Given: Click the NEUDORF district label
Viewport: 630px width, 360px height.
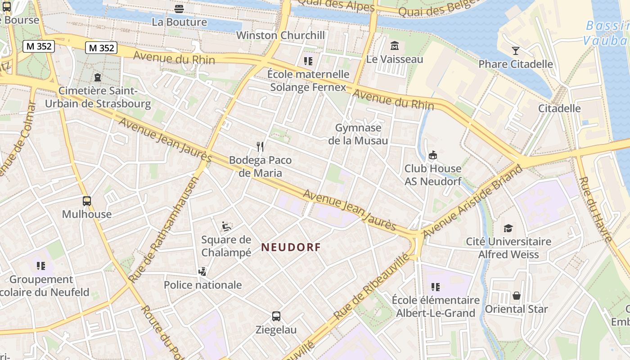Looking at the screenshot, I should [x=291, y=247].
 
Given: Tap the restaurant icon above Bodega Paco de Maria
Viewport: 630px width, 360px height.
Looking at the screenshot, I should [x=260, y=146].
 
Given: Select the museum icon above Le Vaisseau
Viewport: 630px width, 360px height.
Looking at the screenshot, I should [x=395, y=46].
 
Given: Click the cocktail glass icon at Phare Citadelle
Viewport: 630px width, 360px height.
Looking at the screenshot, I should [x=516, y=50].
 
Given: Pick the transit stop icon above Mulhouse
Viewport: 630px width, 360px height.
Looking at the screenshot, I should [x=87, y=201].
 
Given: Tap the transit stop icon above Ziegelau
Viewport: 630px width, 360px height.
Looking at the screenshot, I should [x=276, y=316].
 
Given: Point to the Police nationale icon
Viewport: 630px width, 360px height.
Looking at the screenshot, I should [x=202, y=271].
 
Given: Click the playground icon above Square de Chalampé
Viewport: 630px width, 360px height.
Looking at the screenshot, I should [x=226, y=226].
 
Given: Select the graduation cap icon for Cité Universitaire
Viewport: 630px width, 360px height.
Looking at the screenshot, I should [x=508, y=228].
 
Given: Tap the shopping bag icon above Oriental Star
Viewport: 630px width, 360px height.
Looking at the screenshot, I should [x=516, y=296].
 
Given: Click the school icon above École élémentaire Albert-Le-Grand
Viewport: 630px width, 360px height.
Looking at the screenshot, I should [x=435, y=287].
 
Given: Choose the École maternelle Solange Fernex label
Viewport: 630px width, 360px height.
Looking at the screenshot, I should [x=308, y=81].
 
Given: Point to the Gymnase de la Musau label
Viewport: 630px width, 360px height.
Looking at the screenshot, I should [x=358, y=134].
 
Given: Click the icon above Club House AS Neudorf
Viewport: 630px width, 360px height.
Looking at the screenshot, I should [x=433, y=155].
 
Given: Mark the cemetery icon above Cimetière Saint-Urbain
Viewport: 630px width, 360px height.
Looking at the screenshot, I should [x=98, y=77].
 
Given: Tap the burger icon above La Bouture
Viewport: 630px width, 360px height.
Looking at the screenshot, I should [x=179, y=9].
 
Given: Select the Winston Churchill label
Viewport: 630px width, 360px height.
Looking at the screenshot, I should [x=280, y=35].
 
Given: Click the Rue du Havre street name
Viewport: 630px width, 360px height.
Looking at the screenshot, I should [x=596, y=209].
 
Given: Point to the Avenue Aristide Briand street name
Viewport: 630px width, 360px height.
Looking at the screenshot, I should [x=473, y=201].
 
